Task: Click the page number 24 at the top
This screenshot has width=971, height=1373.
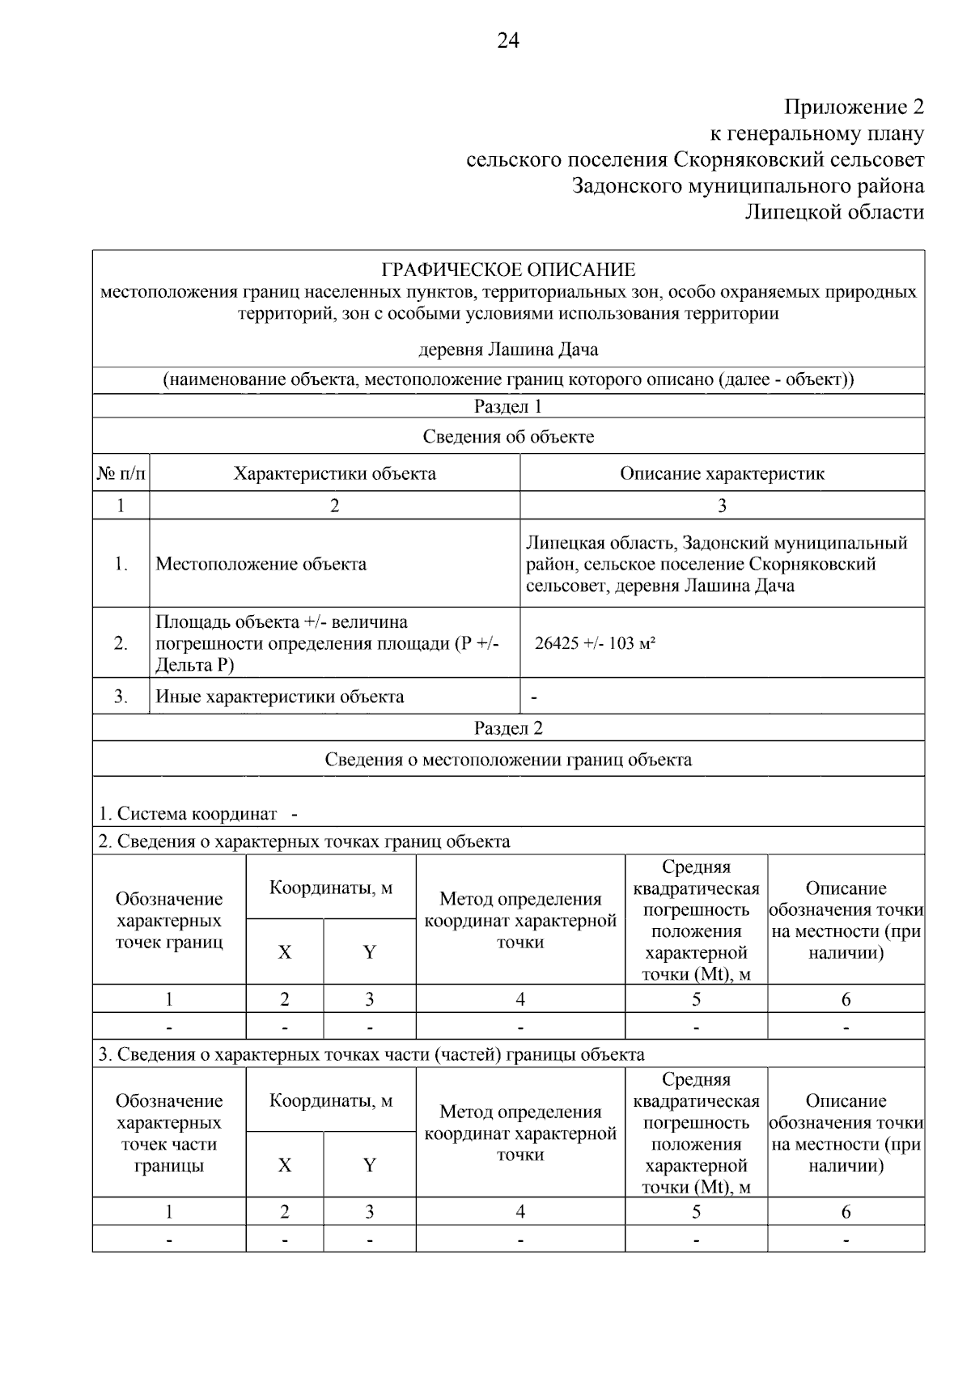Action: coord(508,41)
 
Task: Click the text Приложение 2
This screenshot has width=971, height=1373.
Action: coord(854,107)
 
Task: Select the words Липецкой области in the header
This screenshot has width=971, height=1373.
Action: coord(834,212)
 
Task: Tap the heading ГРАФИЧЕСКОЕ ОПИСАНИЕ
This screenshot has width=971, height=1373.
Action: coord(508,269)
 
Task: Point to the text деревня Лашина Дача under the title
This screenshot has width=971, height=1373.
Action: coord(508,350)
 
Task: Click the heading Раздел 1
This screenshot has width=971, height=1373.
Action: coord(508,406)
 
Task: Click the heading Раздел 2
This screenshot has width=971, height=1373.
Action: coord(508,728)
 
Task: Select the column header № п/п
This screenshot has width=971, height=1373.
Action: coord(121,474)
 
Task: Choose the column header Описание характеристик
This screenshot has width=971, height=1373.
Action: coord(722,474)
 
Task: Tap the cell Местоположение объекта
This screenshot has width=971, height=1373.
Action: coord(261,564)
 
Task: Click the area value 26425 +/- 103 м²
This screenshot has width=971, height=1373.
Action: coord(595,644)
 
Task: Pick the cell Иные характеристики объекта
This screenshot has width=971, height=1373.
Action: coord(279,697)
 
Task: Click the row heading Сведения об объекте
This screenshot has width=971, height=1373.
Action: coord(508,437)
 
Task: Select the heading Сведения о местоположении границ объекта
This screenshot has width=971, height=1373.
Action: coord(508,760)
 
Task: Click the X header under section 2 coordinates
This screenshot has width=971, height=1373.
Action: coord(285,952)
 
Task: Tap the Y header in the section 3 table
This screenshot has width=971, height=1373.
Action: coord(370,1165)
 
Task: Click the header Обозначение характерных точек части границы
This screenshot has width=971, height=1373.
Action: coord(169,1133)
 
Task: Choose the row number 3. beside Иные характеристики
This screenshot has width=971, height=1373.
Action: coord(121,697)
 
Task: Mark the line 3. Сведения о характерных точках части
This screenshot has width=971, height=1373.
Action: coord(371,1054)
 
